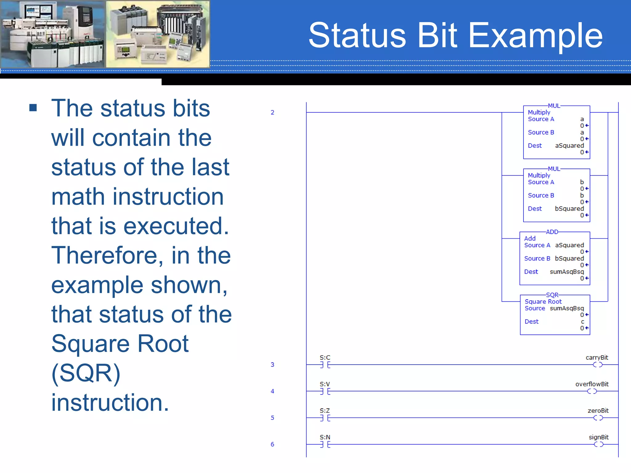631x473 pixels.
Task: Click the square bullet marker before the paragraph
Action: [33, 108]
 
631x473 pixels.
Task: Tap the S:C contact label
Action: [325, 358]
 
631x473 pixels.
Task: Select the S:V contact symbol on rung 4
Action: [325, 391]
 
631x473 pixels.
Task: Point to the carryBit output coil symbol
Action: [597, 365]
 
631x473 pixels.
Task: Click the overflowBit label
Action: [592, 384]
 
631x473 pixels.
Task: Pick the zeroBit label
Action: [598, 410]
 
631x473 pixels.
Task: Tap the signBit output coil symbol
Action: [598, 444]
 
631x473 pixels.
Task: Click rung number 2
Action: [272, 112]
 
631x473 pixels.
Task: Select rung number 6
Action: [272, 444]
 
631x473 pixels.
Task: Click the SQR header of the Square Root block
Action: [552, 295]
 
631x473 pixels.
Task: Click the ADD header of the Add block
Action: [552, 232]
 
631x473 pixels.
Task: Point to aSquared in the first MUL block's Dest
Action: [569, 146]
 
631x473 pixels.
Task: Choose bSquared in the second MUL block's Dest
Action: [569, 209]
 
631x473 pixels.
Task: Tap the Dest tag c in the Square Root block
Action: [582, 322]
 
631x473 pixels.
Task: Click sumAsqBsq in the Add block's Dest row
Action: [567, 272]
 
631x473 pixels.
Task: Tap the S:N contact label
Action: [325, 437]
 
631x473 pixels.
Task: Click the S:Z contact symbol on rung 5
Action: [325, 418]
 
